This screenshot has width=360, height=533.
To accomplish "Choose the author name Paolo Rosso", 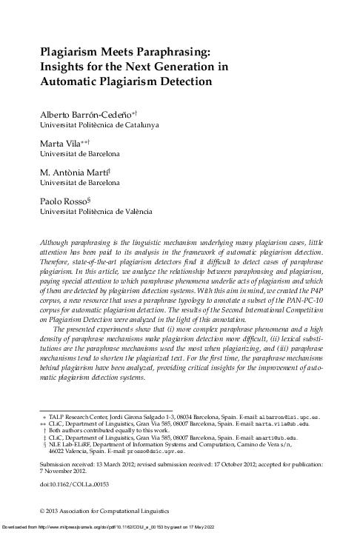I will [x=61, y=200].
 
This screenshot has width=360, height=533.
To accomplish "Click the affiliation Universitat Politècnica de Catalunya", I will [x=99, y=125].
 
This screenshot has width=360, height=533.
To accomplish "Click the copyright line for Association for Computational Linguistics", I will [x=104, y=512].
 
